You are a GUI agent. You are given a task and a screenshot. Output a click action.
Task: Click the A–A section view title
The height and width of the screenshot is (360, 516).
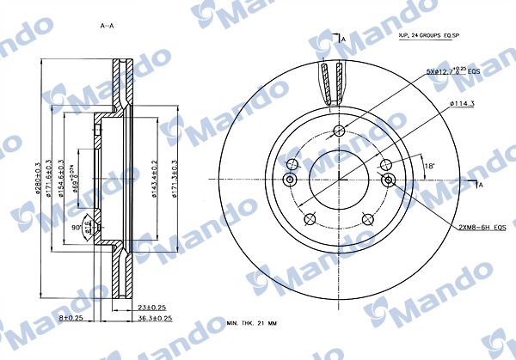pos(107,26)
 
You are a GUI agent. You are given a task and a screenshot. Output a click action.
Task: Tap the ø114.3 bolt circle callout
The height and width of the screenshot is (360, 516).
pos(462,105)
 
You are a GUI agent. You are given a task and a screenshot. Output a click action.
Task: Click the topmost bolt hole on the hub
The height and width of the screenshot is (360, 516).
pos(339,131)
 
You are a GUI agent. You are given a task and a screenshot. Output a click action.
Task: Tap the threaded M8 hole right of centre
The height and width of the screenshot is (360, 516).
pos(389,179)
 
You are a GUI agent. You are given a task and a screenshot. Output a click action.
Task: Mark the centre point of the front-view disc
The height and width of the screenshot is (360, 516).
pos(339,179)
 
